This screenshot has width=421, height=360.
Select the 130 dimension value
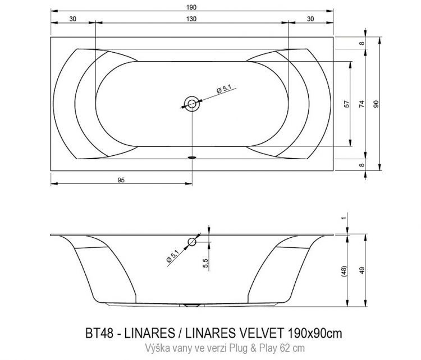point(191,19)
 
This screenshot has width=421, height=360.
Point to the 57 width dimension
point(347,103)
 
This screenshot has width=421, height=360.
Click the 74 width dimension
point(362,103)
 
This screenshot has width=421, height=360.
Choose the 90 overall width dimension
point(377,103)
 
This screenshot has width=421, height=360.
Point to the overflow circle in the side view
point(192,242)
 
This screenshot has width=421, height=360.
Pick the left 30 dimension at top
point(73,19)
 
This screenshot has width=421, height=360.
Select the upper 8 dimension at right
point(362,43)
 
